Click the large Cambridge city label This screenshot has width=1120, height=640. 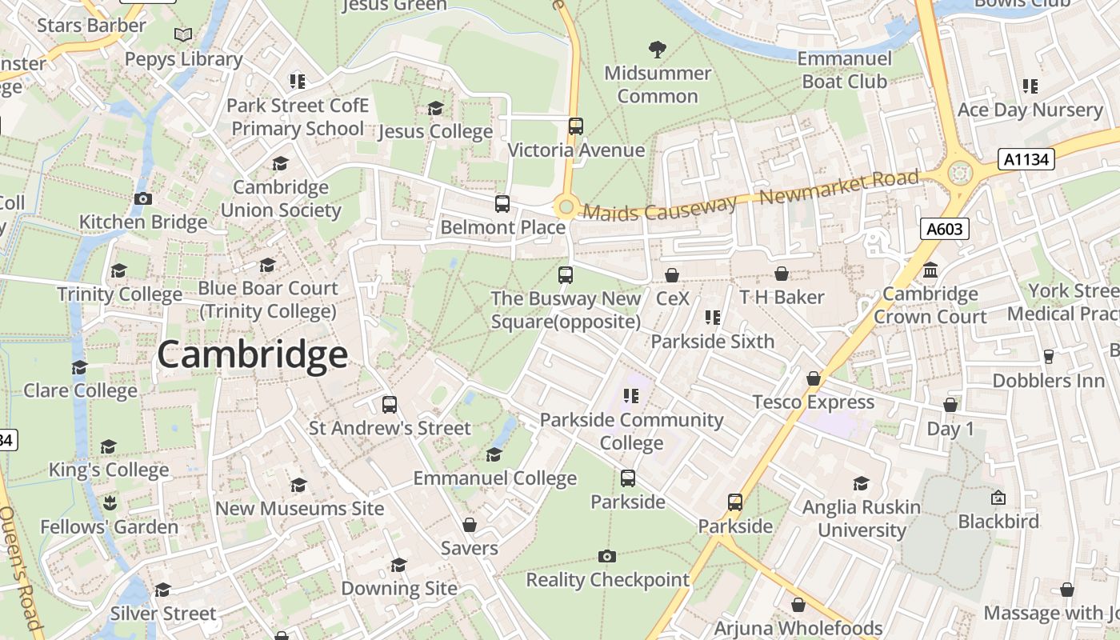pos(252,355)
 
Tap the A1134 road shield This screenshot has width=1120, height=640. pos(1026,159)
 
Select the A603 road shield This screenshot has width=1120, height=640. pos(944,230)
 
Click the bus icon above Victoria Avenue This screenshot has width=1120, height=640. pos(576,126)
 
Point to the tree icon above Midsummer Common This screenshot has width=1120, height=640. pos(658,50)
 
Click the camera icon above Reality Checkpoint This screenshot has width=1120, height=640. pos(607,556)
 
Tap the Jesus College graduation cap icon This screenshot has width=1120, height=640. pos(435,108)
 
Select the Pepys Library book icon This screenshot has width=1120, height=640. pos(183,35)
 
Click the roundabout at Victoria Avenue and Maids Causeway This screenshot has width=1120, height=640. pos(566,208)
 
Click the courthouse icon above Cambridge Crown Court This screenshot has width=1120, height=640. pos(930,270)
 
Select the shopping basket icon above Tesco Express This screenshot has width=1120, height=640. pos(814,378)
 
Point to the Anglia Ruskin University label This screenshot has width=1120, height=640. pos(861,518)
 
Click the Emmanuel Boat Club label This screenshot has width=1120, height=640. pos(844,70)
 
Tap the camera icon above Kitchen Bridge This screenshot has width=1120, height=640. pos(143,198)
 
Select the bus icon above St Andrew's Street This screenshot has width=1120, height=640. pos(390,405)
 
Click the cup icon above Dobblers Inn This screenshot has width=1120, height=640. pos(1049,356)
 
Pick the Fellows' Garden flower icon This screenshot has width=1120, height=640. pos(110,503)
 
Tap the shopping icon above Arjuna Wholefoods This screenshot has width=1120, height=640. pos(798,605)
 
